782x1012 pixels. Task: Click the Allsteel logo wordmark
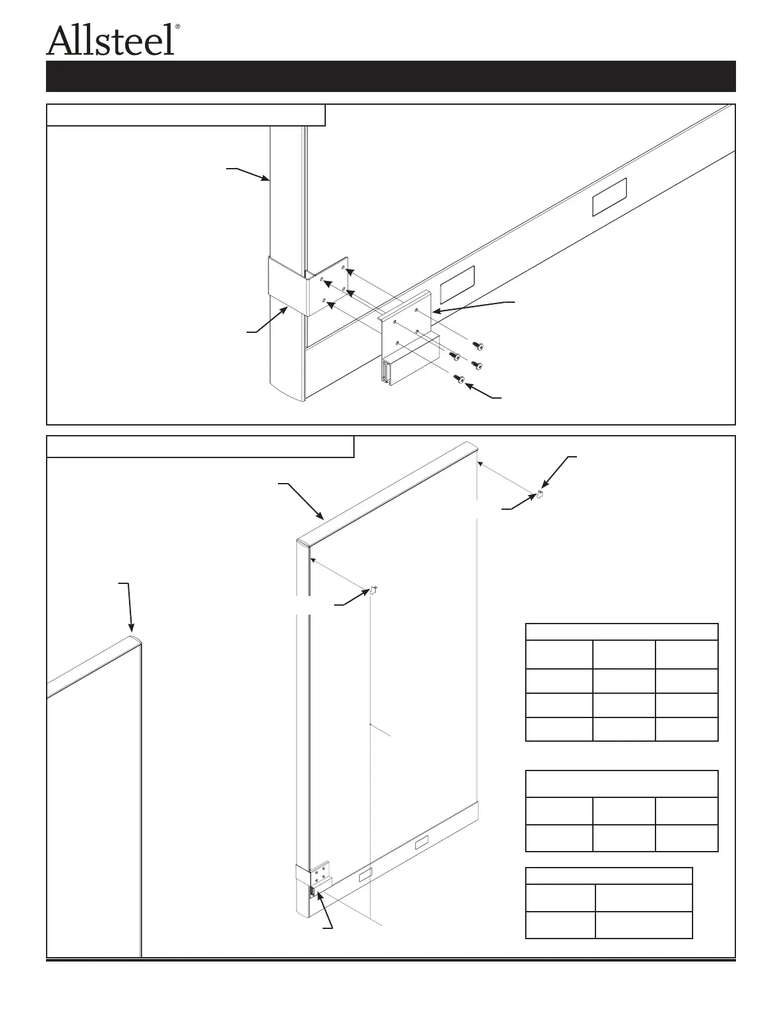110,40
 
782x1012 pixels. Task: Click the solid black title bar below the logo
390,76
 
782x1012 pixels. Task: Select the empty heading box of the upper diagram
186,116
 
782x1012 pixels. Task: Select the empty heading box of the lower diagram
201,447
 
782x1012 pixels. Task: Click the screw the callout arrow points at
459,379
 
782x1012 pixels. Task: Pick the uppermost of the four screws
478,345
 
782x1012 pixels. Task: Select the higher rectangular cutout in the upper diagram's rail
609,196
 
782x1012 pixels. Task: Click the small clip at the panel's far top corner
539,493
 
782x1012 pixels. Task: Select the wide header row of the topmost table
621,631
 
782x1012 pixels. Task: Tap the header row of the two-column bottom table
608,875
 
